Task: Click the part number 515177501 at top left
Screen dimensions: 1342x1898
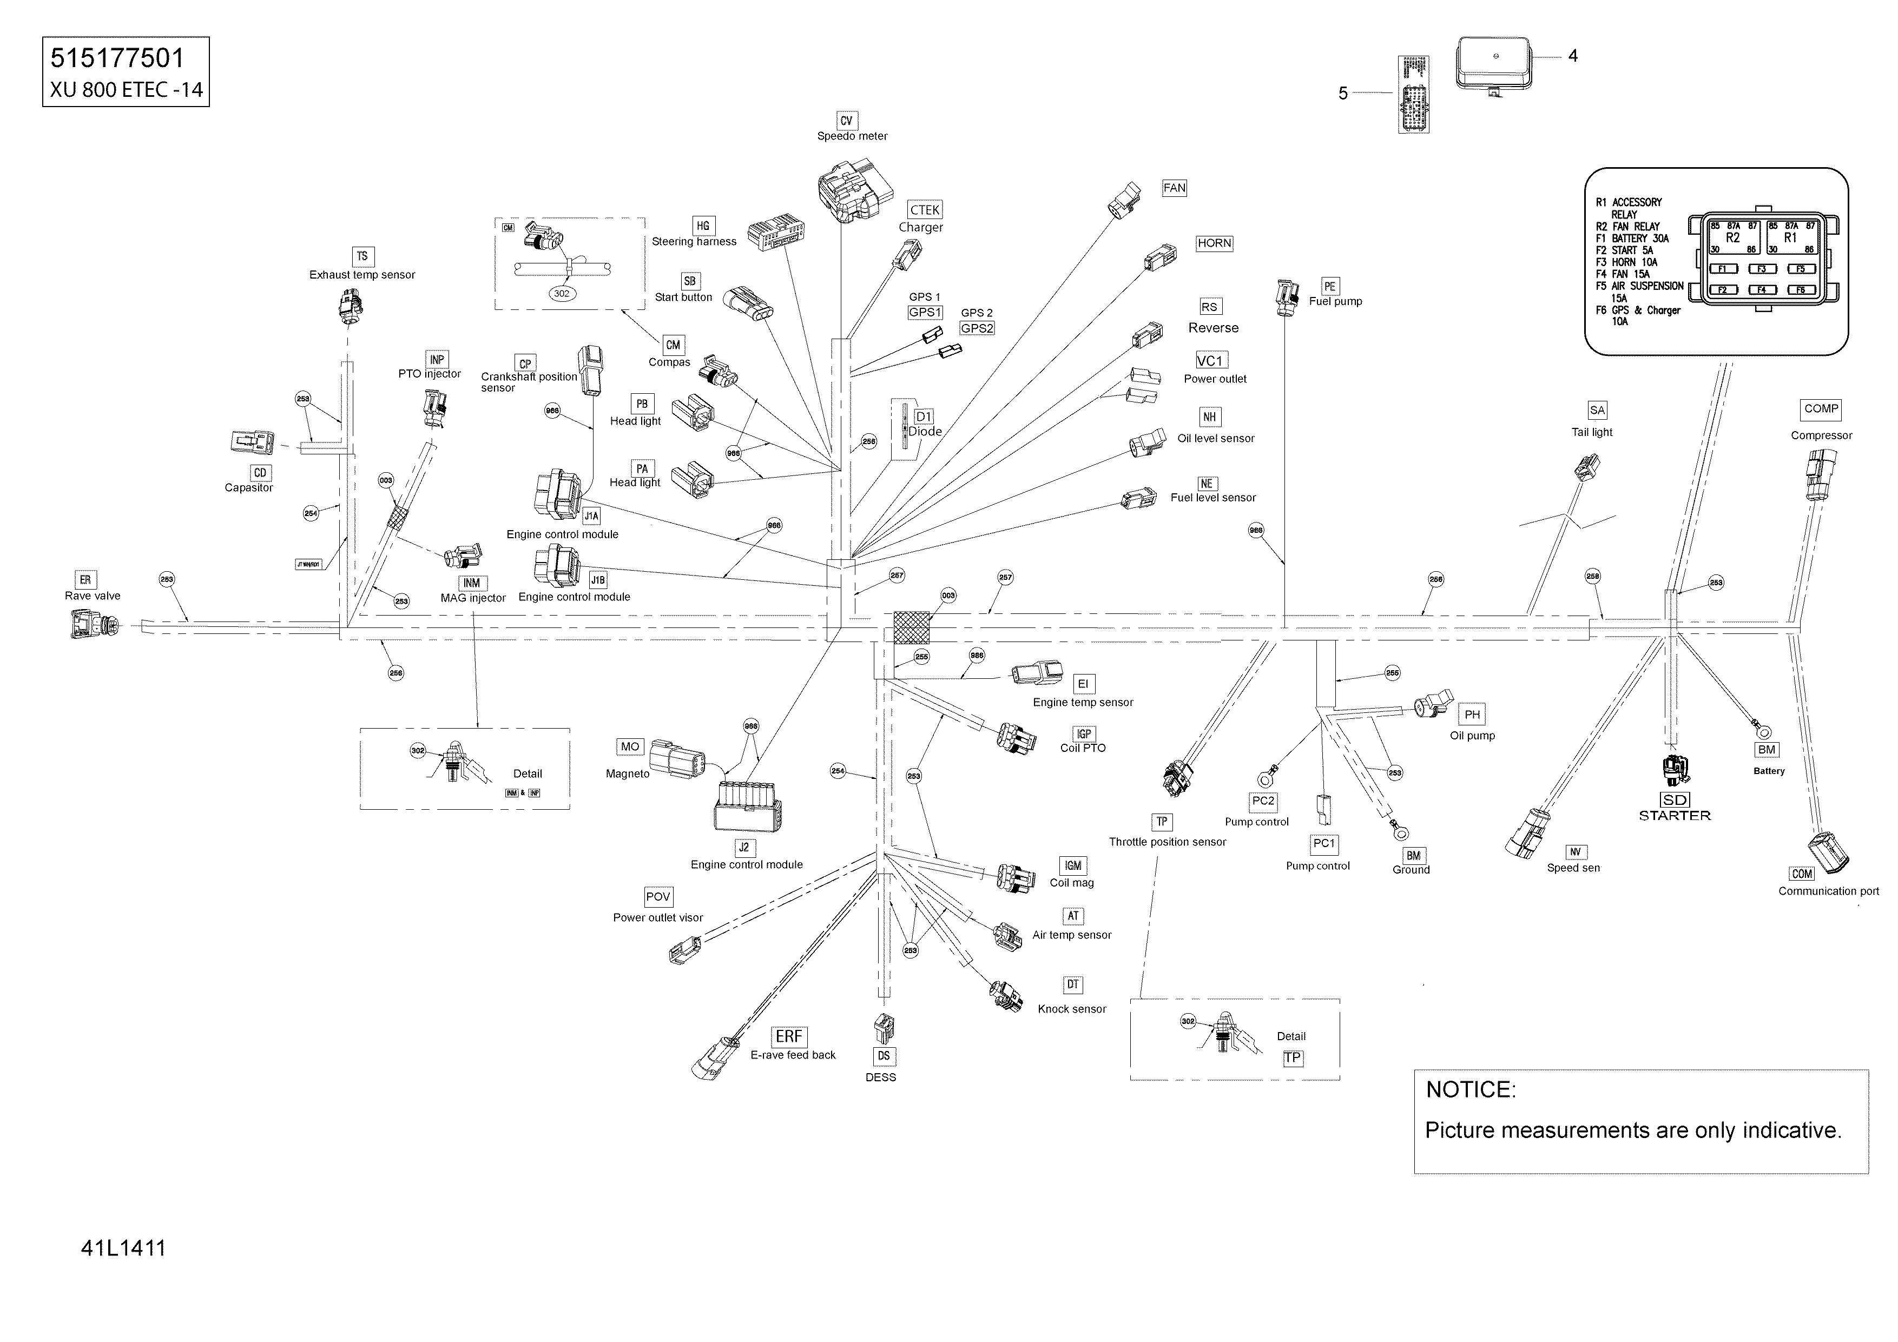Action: point(117,58)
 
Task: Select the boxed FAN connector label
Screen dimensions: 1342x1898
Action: point(1174,188)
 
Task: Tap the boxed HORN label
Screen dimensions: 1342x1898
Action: point(1214,243)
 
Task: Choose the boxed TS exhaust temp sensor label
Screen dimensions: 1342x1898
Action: point(362,256)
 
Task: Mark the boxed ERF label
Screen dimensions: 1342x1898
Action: point(789,1036)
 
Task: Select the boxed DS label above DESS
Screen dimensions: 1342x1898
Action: point(884,1056)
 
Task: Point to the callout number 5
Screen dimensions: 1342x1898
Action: point(1343,94)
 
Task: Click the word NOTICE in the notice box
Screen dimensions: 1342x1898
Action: point(1471,1090)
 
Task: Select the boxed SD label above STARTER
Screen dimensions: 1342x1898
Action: point(1675,800)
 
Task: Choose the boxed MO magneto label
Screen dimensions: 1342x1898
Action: point(630,747)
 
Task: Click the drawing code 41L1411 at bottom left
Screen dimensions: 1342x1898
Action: point(123,1248)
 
